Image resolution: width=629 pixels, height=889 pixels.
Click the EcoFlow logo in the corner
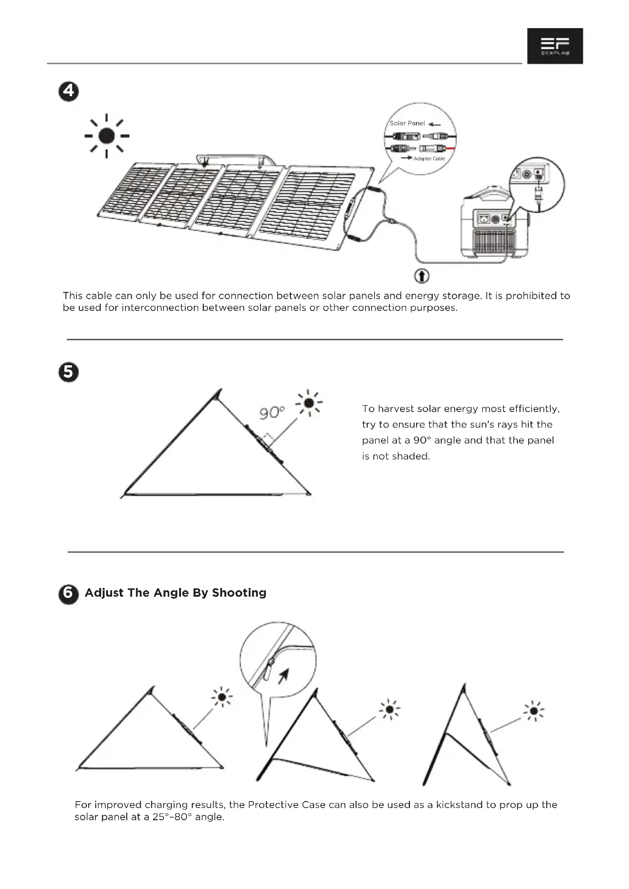[x=554, y=46]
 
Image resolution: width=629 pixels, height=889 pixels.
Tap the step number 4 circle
[x=68, y=91]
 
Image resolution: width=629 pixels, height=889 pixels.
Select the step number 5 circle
[x=68, y=372]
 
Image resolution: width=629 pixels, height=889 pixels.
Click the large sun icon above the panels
[x=106, y=136]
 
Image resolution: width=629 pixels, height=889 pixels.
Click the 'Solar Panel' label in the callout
[x=407, y=124]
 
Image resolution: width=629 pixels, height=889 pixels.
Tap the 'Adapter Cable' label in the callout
[x=429, y=159]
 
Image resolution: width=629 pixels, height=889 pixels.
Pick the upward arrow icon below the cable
[x=422, y=276]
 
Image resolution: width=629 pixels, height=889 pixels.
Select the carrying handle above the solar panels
[x=235, y=159]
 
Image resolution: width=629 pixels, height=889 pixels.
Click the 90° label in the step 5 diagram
[x=272, y=413]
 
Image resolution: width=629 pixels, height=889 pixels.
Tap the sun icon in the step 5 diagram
[x=309, y=403]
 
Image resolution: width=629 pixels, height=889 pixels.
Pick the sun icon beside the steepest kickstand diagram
[x=534, y=711]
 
